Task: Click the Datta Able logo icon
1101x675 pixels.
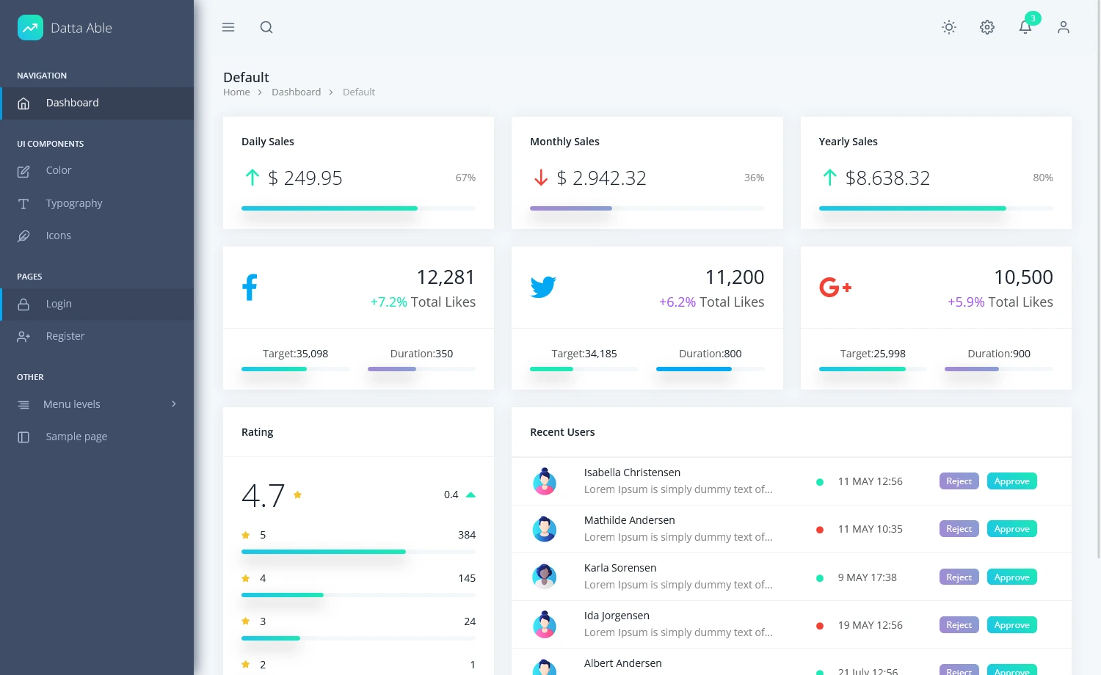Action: pos(30,28)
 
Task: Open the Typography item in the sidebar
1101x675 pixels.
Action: pos(73,203)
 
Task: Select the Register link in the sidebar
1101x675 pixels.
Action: pos(65,336)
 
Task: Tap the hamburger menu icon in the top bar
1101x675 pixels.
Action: pos(228,27)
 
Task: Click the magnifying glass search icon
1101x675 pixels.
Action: pos(266,27)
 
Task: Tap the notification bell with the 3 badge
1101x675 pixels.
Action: pos(1025,27)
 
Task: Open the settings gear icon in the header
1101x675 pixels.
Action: pos(987,27)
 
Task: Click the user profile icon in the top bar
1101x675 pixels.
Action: pos(1064,27)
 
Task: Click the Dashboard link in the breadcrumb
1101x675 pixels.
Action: pos(296,92)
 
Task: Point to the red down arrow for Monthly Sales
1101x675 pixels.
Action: pos(541,178)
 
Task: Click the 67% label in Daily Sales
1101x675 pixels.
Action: pos(465,178)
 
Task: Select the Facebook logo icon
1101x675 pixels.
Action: pos(250,287)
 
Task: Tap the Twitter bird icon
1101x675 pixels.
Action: pos(543,287)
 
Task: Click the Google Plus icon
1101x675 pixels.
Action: pos(835,287)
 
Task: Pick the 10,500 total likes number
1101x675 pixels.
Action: pos(1023,277)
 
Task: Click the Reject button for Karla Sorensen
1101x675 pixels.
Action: pos(959,577)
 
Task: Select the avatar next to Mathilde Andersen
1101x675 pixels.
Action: pos(545,529)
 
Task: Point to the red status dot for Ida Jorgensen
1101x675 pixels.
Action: pos(820,626)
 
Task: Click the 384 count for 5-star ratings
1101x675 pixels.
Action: pos(467,535)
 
